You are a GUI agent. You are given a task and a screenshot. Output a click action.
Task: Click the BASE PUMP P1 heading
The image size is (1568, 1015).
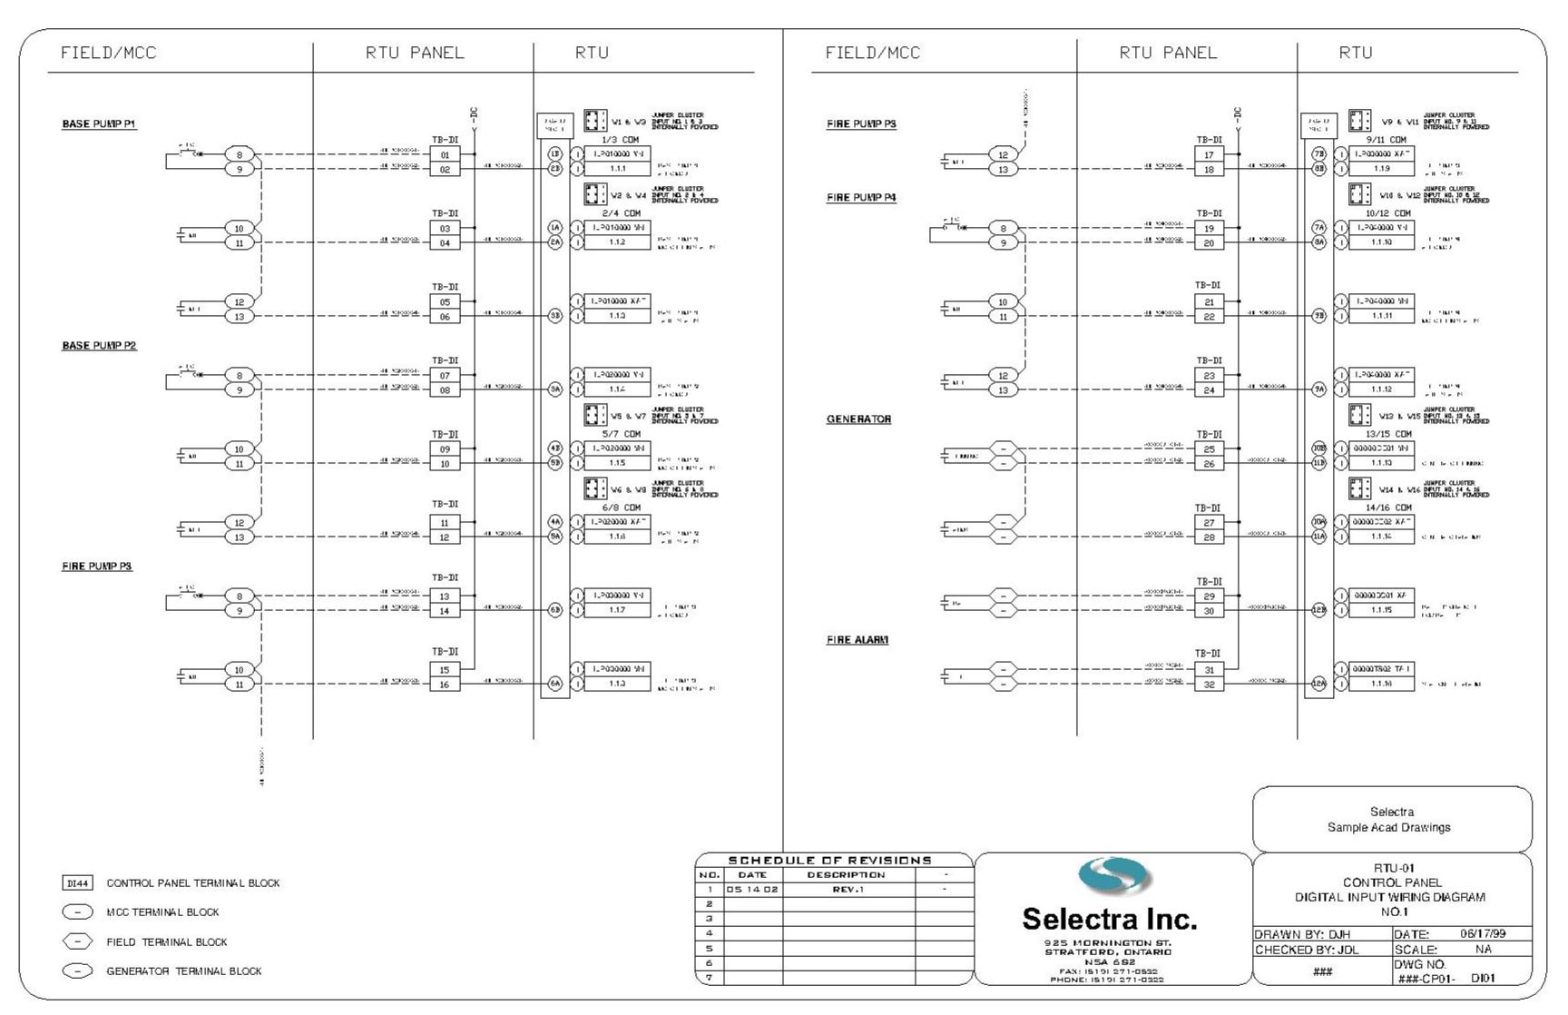point(99,124)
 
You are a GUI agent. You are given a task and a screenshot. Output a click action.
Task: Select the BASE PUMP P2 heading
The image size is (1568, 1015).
point(99,346)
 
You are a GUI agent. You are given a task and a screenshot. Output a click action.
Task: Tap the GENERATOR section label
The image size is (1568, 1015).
point(858,419)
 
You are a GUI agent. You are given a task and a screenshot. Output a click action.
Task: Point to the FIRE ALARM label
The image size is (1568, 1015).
point(857,640)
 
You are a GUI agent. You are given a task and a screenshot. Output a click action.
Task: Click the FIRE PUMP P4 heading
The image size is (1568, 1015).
point(861,198)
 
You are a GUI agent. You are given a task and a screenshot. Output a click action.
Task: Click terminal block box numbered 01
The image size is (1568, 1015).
point(445,155)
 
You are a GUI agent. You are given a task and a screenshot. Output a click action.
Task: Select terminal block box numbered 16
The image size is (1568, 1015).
point(445,685)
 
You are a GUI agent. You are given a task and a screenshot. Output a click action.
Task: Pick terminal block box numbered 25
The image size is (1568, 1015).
point(1209,449)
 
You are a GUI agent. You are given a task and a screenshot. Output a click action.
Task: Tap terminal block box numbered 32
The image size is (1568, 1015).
point(1209,685)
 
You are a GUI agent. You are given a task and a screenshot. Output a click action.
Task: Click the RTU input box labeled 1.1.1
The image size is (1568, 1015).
point(617,169)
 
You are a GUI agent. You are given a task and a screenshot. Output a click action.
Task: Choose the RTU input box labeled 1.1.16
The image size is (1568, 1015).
point(1381,684)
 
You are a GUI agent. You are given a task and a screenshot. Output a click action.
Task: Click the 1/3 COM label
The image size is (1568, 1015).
point(621,140)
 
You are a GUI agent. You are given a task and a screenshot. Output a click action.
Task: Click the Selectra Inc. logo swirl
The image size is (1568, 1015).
point(1114,876)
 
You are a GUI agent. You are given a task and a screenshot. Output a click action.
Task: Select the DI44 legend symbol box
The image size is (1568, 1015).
point(77,883)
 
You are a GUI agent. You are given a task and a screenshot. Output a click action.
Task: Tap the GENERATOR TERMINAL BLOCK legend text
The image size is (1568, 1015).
point(183,971)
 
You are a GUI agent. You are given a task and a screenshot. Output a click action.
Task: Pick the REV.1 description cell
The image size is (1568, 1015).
point(848,890)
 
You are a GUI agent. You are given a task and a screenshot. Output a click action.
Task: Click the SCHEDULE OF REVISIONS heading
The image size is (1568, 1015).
point(829,860)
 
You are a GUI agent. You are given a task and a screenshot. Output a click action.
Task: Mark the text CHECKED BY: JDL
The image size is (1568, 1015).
point(1307,950)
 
